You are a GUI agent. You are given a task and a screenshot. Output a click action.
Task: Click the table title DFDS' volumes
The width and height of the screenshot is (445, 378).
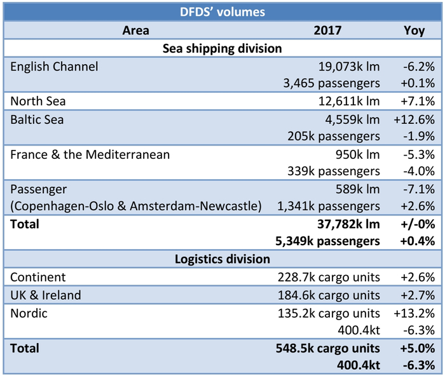click(x=222, y=11)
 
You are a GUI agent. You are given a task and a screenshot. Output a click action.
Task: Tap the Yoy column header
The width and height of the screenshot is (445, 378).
click(x=414, y=30)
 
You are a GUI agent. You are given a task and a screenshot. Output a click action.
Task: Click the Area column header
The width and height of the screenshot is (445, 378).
click(x=135, y=30)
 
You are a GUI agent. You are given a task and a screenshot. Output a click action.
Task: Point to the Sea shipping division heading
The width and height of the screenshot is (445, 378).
click(x=222, y=48)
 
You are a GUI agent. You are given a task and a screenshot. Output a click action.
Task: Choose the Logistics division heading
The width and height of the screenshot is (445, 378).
click(x=222, y=259)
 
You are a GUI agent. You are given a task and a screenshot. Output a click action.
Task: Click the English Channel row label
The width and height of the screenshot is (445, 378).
click(x=55, y=66)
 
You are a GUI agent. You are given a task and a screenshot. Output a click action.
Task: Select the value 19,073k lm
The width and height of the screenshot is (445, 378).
click(x=348, y=66)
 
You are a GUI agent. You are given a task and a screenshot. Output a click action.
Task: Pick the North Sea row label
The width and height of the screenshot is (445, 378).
click(x=38, y=101)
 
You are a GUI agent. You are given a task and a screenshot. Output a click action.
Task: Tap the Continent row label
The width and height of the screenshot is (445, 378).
click(x=38, y=277)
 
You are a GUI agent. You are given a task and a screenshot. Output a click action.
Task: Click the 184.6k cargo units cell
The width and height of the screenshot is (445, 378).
click(x=329, y=295)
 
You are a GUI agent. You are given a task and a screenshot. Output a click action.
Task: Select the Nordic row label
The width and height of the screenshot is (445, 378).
click(x=29, y=313)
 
